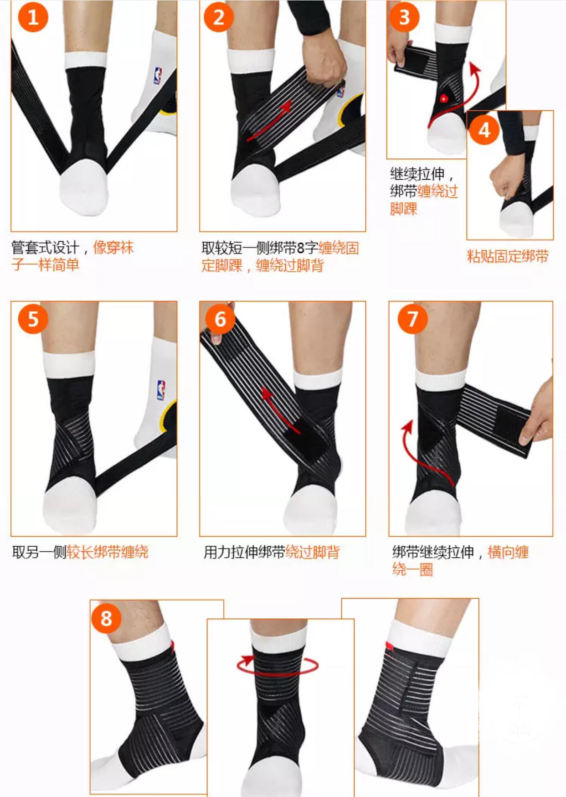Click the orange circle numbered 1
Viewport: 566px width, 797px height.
coord(33,17)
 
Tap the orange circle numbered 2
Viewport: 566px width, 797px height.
coord(219,17)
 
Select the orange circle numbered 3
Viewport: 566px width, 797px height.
coord(404,17)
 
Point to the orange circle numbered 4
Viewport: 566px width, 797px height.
coord(484,130)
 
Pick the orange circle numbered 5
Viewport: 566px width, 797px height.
coord(33,319)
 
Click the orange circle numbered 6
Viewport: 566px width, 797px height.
coord(220,319)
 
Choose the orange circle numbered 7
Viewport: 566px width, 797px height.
coord(412,319)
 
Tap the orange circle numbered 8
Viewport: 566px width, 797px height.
coord(106,619)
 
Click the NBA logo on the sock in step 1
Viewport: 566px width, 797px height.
coord(158,76)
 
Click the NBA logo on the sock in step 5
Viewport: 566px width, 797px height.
coord(160,390)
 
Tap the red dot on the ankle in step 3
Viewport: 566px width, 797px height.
coord(443,98)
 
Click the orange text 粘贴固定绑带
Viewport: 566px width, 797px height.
coord(508,256)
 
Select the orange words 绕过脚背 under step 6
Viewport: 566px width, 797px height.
coord(313,552)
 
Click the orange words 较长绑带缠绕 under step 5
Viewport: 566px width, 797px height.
coord(108,552)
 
